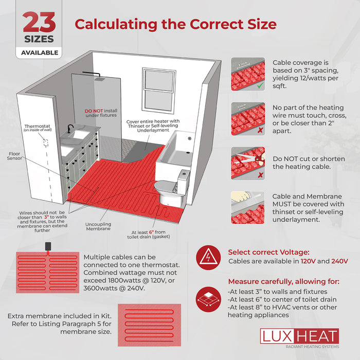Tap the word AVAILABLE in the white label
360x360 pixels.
(x=40, y=52)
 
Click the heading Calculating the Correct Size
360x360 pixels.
(x=175, y=24)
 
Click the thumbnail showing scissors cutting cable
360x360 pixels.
(x=248, y=163)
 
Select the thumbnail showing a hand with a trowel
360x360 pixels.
(x=248, y=207)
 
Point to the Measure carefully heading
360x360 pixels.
(x=283, y=281)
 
